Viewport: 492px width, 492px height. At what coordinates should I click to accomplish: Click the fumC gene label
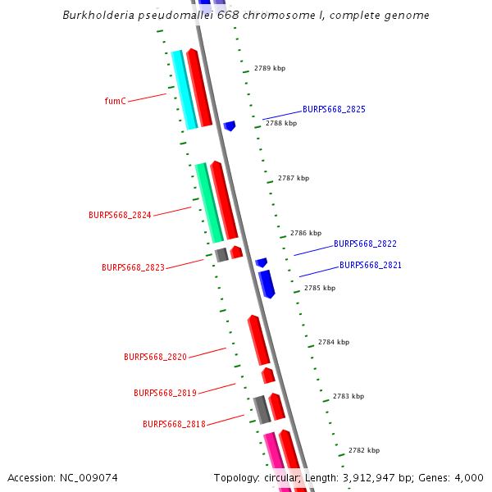(116, 101)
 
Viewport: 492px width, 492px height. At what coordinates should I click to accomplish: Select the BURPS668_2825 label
(334, 109)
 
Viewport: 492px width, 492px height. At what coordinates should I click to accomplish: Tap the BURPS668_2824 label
(120, 215)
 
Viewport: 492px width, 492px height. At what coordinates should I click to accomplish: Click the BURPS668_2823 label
(133, 267)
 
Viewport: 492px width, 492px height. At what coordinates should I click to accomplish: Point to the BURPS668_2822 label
(365, 244)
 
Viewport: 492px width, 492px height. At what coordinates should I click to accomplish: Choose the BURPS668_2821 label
(371, 265)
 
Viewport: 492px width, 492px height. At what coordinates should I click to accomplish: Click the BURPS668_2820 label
(155, 357)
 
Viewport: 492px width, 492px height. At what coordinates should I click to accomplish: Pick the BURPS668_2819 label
(165, 393)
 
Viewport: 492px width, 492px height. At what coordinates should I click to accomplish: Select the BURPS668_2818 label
(174, 424)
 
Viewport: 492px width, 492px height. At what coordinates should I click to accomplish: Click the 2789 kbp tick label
(270, 68)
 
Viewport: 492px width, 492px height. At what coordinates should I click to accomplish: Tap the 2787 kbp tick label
(294, 178)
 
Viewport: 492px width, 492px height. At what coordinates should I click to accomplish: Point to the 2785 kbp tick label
(320, 288)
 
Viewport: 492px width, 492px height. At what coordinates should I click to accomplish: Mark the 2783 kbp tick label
(348, 396)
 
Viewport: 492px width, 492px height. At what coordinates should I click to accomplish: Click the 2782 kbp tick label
(364, 450)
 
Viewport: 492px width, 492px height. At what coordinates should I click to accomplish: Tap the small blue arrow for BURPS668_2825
(230, 125)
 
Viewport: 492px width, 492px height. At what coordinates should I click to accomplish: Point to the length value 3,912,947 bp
(375, 478)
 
